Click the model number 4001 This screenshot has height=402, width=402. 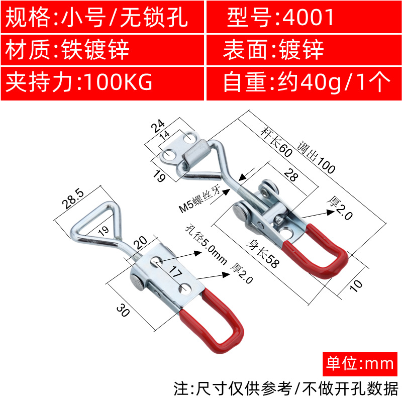309,18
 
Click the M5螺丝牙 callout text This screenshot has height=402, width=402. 200,199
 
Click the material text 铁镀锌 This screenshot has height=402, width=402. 95,50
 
